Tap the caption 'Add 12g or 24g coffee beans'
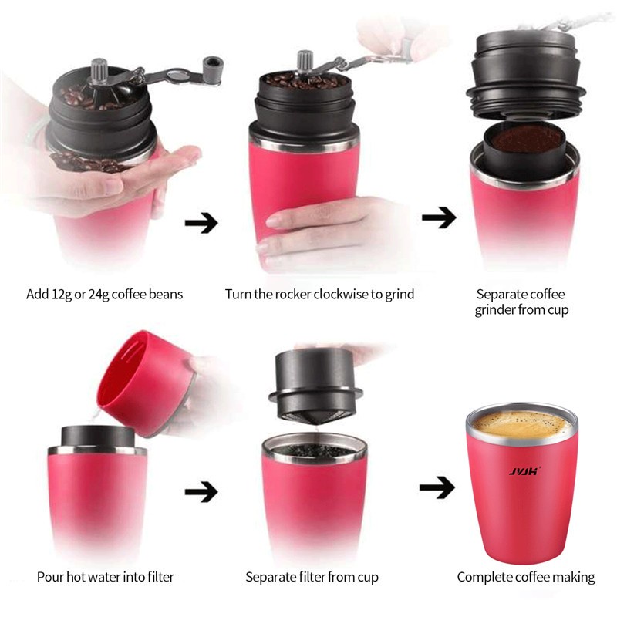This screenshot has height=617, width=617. pos(105,294)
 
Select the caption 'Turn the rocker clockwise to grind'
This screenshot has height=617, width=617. pos(319,294)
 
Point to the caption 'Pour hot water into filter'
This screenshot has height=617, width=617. pos(106,577)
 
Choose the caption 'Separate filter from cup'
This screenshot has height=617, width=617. pos(312,577)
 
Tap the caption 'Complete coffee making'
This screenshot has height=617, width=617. pos(526,577)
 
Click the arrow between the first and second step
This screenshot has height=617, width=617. pos(201,224)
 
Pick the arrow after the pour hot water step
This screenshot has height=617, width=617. pos(201,491)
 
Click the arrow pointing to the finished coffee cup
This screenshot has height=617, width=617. pos(437,487)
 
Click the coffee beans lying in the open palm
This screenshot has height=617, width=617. pos(89,162)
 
